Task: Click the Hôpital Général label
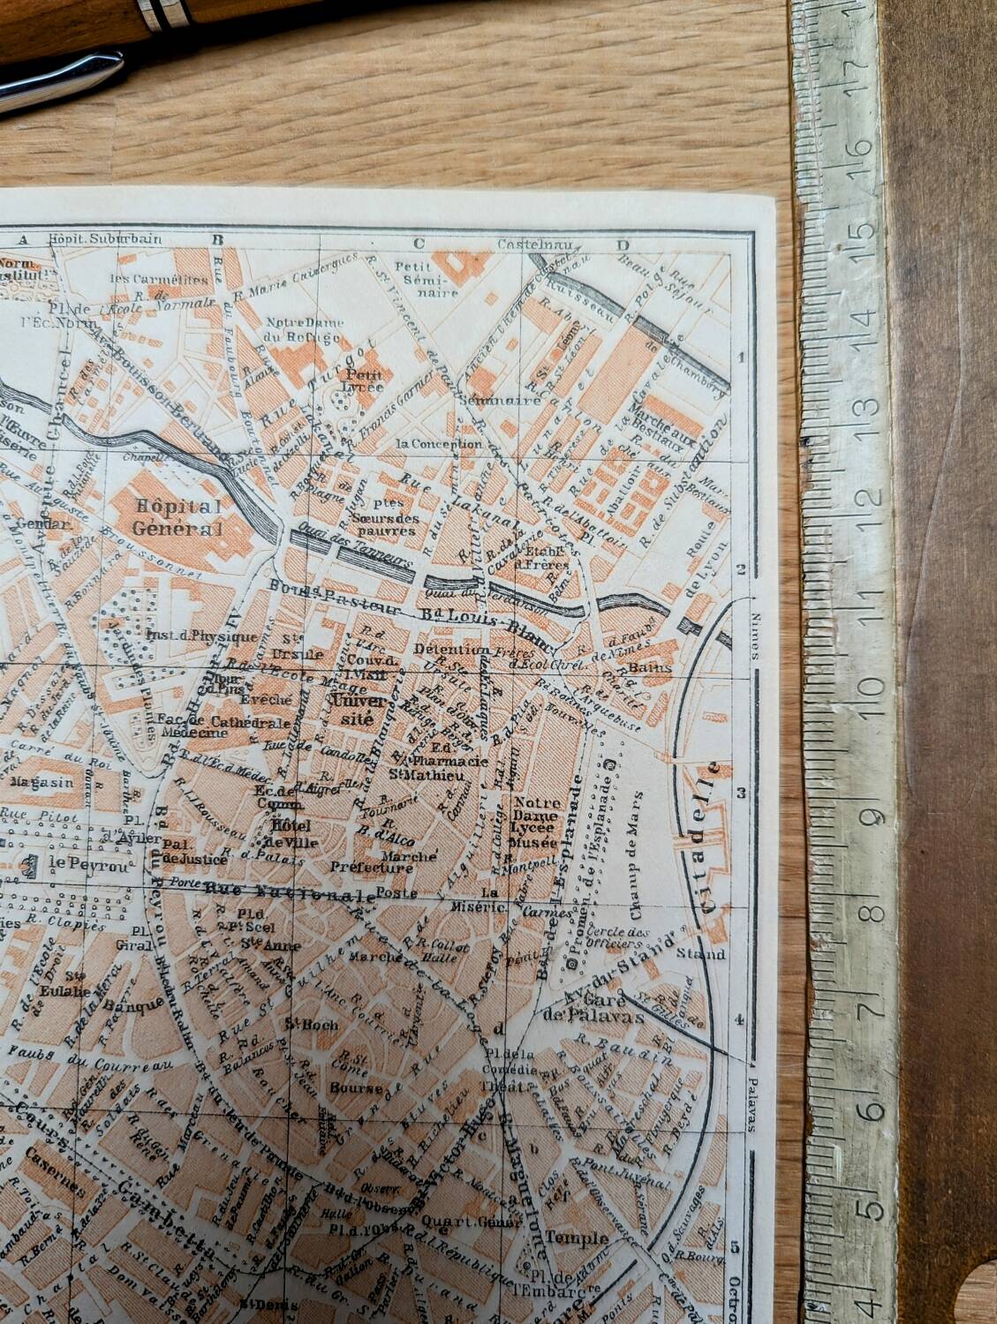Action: click(x=174, y=516)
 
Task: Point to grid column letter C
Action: click(x=419, y=244)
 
